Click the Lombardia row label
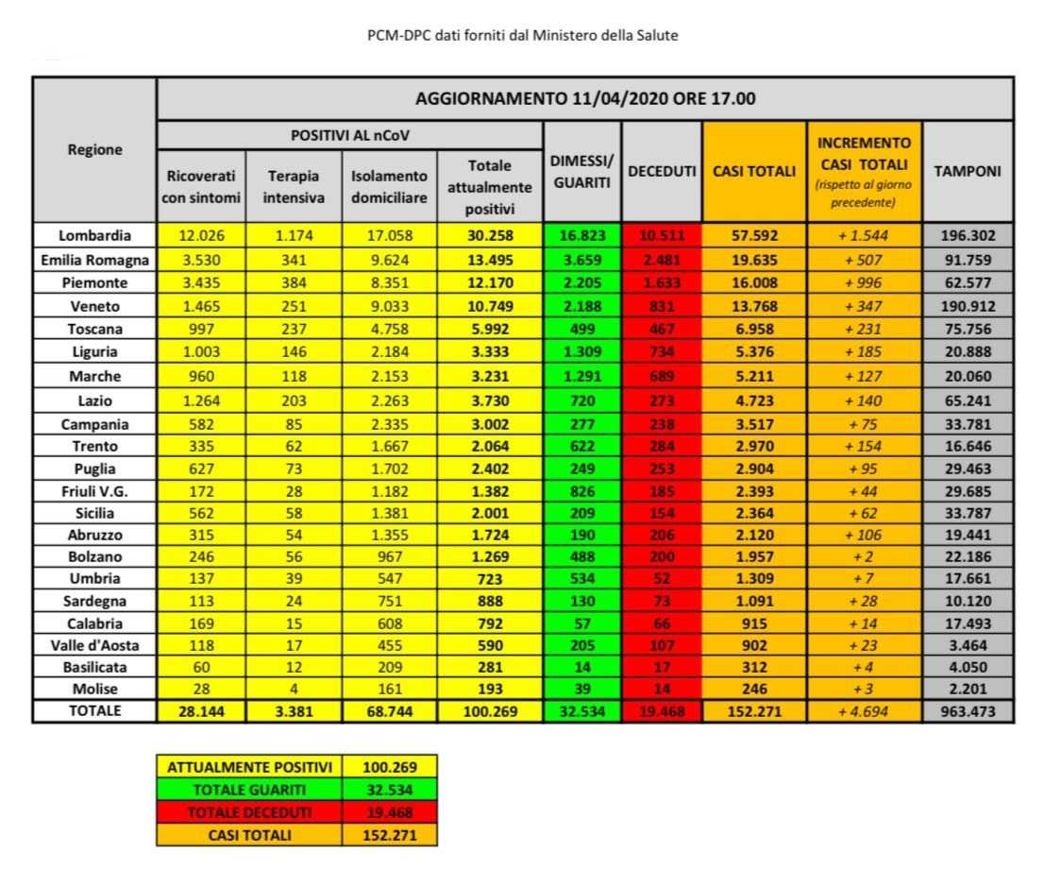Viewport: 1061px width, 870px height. tap(94, 235)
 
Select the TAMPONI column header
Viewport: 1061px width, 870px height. tap(968, 171)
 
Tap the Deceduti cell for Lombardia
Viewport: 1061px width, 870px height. tap(662, 235)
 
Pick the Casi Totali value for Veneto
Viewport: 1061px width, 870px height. tap(753, 305)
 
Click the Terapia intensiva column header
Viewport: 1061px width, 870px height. tap(294, 186)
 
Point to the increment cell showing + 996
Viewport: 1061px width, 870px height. tap(864, 282)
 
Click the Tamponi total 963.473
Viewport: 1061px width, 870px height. tap(968, 711)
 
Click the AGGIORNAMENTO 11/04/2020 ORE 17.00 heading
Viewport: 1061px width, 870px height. tap(585, 98)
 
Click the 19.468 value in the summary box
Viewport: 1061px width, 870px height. tap(389, 812)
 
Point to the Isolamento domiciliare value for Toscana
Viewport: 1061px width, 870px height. tap(389, 328)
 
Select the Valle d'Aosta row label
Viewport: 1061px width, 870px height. tap(94, 645)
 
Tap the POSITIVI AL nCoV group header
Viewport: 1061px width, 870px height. tap(349, 135)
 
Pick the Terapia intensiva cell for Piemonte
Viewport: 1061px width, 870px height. tap(294, 282)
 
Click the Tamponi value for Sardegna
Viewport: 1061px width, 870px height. tap(968, 601)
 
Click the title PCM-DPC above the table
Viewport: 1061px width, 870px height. tap(522, 35)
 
